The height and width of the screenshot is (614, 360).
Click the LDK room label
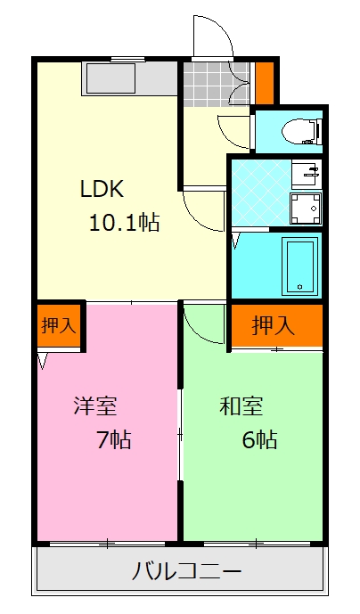tap(102, 188)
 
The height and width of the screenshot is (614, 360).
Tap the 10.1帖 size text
tap(125, 223)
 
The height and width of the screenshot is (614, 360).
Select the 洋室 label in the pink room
tap(95, 405)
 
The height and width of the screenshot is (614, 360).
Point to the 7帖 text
tap(114, 439)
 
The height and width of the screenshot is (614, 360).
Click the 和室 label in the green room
tap(241, 405)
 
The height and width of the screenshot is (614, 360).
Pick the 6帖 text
tap(259, 439)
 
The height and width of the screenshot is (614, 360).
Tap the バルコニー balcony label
tap(186, 572)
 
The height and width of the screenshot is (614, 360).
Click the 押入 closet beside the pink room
tap(59, 325)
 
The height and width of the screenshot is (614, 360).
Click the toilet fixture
tap(302, 131)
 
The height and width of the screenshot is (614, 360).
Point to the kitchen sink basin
tap(110, 78)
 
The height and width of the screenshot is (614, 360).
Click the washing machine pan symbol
tap(306, 209)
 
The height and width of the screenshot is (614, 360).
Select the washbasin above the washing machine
tap(307, 171)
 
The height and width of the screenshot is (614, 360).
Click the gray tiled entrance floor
tap(217, 84)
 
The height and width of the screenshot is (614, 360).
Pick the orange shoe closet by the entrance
tap(265, 84)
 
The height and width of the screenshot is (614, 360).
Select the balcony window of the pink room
tap(107, 544)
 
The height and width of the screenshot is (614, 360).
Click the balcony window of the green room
tap(257, 544)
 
